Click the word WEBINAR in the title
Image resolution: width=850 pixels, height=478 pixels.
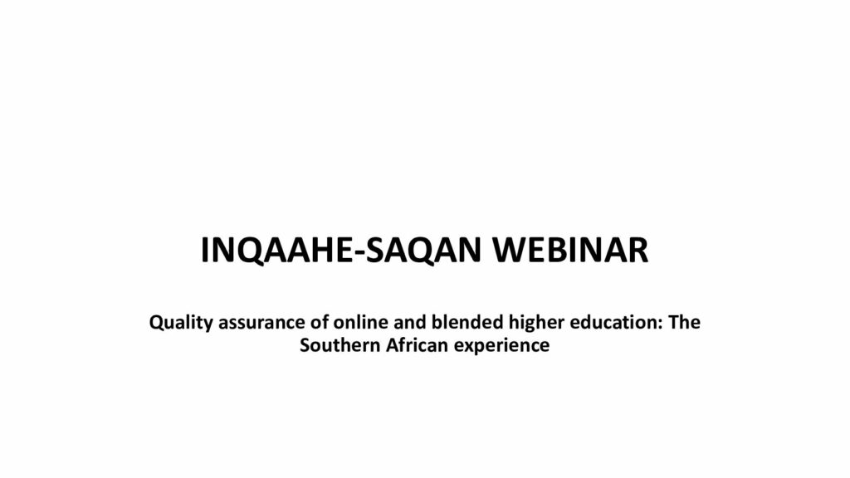[x=569, y=251]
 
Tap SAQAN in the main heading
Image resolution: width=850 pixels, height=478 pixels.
[x=424, y=251]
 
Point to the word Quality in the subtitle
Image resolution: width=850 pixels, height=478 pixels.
[x=181, y=323]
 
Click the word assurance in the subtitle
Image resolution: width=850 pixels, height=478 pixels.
[x=261, y=323]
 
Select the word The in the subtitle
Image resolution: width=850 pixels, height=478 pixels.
[x=684, y=322]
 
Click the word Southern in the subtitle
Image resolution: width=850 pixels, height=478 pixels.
[x=340, y=345]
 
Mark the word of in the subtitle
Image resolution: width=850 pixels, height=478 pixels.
[x=320, y=322]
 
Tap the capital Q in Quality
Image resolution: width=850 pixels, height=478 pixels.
[x=157, y=323]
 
